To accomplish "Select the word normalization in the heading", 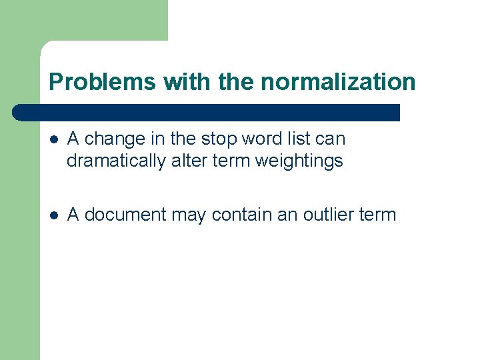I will [338, 82].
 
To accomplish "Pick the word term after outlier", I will [378, 215].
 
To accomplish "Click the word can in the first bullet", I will [331, 139].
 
